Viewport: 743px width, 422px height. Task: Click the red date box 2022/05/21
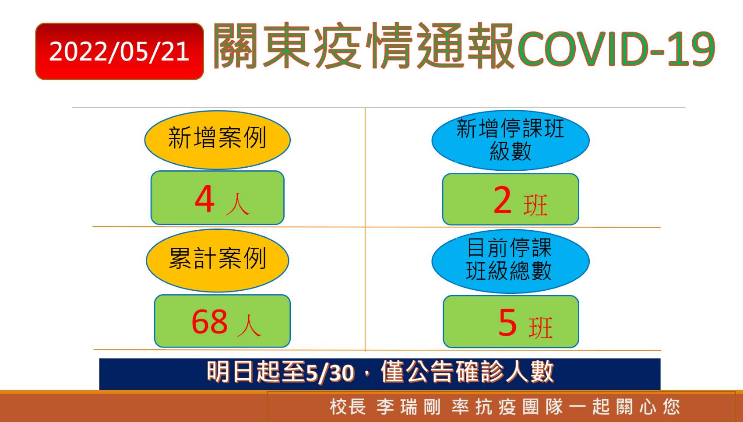120,51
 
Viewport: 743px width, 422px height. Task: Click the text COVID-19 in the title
616,49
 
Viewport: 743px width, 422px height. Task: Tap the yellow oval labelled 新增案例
217,140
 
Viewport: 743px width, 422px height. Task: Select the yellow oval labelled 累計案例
217,260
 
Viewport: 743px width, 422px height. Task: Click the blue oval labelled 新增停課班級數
511,141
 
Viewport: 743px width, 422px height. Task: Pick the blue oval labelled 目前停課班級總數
511,261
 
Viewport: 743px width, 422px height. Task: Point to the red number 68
209,321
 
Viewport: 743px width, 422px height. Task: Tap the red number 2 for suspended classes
502,199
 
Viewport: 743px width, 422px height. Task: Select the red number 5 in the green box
507,322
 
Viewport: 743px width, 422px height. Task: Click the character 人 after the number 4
237,204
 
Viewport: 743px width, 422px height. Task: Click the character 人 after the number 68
249,326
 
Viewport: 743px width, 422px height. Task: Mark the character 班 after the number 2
535,205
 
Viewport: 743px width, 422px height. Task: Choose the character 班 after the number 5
541,328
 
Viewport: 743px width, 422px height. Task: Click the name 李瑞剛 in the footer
408,407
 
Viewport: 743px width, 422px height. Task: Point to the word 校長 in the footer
348,407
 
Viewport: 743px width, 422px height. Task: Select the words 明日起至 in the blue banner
255,372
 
